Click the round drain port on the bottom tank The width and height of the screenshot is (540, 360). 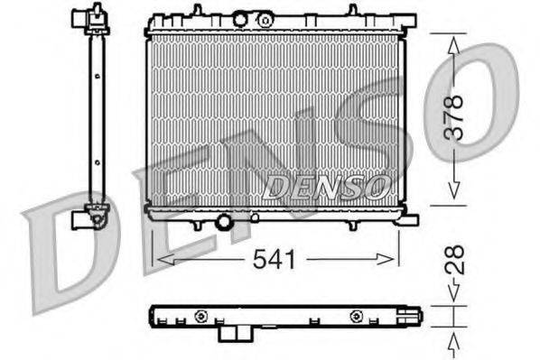point(224,220)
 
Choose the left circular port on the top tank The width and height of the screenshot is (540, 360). point(240,18)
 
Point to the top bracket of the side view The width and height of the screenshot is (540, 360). point(87,17)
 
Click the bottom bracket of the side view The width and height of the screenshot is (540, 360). point(90,217)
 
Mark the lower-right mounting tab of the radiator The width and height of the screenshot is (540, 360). point(409,217)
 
